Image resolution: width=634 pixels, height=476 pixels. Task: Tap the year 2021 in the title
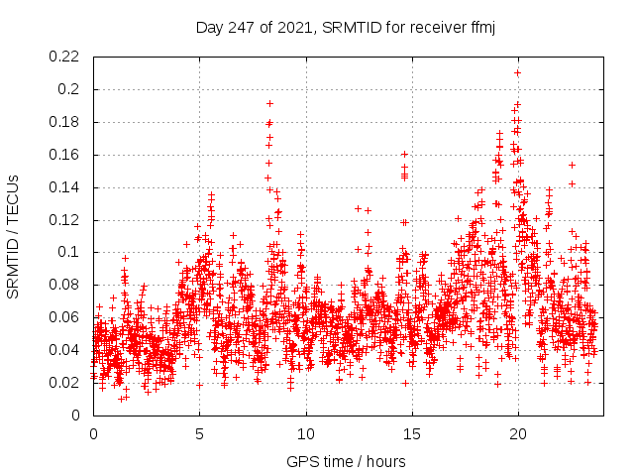click(294, 28)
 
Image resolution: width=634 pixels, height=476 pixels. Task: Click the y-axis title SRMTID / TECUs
click(14, 236)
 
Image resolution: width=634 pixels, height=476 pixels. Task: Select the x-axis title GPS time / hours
click(348, 461)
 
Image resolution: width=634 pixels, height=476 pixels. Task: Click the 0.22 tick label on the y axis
click(65, 57)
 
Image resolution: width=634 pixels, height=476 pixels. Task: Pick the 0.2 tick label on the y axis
click(70, 89)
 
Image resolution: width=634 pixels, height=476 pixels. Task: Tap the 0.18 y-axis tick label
click(65, 122)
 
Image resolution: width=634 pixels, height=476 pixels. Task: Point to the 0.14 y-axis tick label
click(65, 187)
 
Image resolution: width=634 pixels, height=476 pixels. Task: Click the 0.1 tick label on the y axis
click(70, 253)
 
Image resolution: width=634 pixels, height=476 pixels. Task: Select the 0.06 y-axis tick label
click(65, 317)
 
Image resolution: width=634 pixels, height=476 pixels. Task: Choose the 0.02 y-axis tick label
click(65, 383)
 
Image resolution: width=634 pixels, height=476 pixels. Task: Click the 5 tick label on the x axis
click(199, 434)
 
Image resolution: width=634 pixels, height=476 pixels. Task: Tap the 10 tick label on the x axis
click(305, 434)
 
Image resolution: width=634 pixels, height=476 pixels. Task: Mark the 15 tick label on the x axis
click(412, 434)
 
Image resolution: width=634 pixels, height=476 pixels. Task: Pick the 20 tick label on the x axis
click(518, 434)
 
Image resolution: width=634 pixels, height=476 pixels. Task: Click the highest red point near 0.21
click(517, 72)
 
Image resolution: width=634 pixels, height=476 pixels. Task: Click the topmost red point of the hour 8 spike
click(269, 103)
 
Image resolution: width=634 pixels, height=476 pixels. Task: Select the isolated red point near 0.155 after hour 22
click(572, 165)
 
